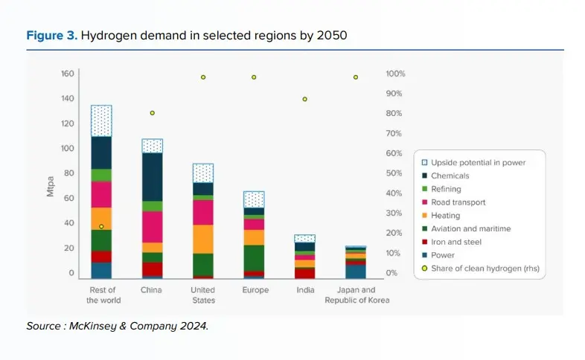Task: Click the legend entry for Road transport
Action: coord(458,202)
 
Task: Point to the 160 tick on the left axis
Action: coord(68,74)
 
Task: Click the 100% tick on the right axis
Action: coord(395,74)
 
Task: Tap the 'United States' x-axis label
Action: coord(202,295)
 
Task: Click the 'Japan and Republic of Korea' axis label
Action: coord(356,295)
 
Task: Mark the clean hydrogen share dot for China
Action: coord(152,113)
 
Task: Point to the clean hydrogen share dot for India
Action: coord(304,99)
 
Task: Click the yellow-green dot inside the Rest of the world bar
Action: coord(101,226)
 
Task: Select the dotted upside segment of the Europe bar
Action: coord(254,199)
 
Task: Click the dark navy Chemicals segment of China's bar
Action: coord(152,176)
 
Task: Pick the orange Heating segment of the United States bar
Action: coord(202,239)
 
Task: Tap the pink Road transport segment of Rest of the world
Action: coord(101,194)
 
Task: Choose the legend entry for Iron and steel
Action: coord(456,242)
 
